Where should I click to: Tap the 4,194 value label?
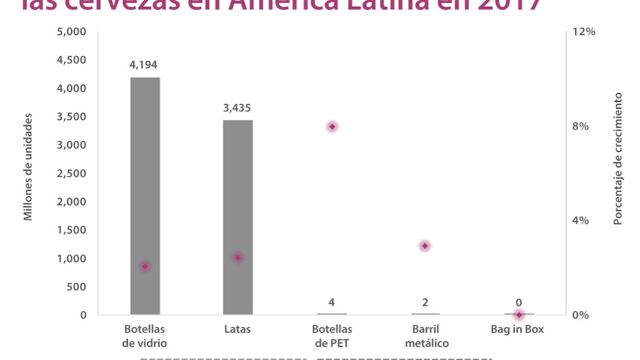[x=143, y=65]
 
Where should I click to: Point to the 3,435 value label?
[x=237, y=108]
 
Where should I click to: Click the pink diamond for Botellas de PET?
[x=332, y=127]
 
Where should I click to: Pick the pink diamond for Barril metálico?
[x=425, y=246]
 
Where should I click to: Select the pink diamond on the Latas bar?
[x=238, y=257]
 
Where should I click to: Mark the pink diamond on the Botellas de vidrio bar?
[x=145, y=266]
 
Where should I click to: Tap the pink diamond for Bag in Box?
[x=519, y=314]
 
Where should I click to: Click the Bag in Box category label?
[x=517, y=329]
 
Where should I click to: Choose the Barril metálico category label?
[x=426, y=336]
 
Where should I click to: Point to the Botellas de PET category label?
[x=332, y=336]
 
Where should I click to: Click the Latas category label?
[x=237, y=329]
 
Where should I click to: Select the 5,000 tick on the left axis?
[x=72, y=32]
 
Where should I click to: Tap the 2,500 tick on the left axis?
[x=72, y=173]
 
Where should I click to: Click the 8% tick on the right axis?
[x=580, y=126]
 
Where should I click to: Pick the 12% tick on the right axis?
[x=584, y=32]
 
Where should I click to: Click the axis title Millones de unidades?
[x=28, y=167]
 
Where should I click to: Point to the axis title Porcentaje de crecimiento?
[x=618, y=159]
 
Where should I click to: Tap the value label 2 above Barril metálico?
[x=425, y=303]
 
